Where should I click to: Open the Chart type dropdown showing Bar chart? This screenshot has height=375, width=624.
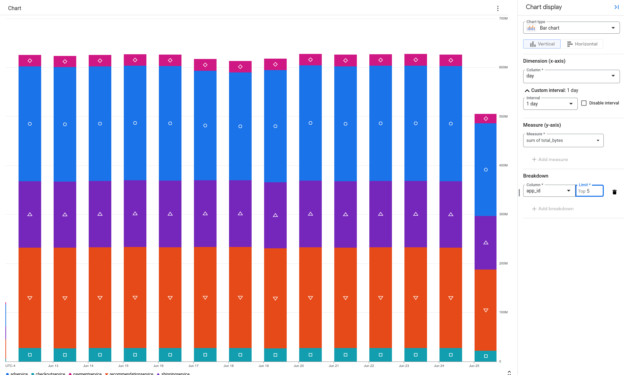(571, 28)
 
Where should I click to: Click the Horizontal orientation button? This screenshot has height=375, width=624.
(582, 44)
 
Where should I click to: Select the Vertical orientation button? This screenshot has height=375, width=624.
(542, 44)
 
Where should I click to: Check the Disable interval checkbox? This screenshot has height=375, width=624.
(584, 103)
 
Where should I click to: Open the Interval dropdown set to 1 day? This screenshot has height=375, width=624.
(550, 104)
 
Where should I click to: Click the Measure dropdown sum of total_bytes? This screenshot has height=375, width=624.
(563, 140)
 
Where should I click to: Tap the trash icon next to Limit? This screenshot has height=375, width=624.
(614, 192)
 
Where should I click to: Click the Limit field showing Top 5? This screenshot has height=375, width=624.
(589, 191)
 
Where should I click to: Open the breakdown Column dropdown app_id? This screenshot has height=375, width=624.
(549, 191)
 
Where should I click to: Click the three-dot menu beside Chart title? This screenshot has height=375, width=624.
(498, 8)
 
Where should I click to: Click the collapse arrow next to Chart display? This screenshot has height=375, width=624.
(616, 7)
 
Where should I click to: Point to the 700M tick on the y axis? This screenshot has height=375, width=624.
(503, 19)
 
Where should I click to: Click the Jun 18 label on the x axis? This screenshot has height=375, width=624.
(228, 366)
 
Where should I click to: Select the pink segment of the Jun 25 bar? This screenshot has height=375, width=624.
(485, 119)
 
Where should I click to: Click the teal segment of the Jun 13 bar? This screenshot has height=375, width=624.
(65, 355)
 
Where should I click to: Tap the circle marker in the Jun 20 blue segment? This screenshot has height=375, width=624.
(310, 123)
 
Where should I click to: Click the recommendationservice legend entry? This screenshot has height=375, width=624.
(129, 373)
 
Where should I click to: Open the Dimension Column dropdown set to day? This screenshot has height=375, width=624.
(571, 76)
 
